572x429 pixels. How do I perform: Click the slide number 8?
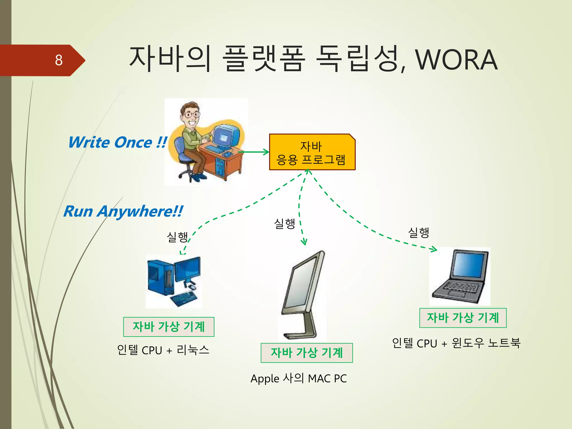[x=59, y=60]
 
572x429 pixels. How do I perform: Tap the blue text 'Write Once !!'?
[x=118, y=142]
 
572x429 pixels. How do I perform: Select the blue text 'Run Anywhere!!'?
[x=123, y=211]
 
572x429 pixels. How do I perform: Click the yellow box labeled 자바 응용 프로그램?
[x=312, y=152]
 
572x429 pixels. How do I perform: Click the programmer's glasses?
[x=192, y=115]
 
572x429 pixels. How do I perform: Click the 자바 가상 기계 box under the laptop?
[x=463, y=318]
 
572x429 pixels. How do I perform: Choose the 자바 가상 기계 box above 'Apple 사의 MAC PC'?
[x=307, y=353]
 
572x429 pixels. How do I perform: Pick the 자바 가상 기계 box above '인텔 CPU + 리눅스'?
[x=169, y=327]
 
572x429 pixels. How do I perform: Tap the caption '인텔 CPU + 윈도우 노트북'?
[x=456, y=343]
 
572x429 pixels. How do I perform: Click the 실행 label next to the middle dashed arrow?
[x=284, y=223]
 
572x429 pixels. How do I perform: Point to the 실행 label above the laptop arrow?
[x=418, y=232]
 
